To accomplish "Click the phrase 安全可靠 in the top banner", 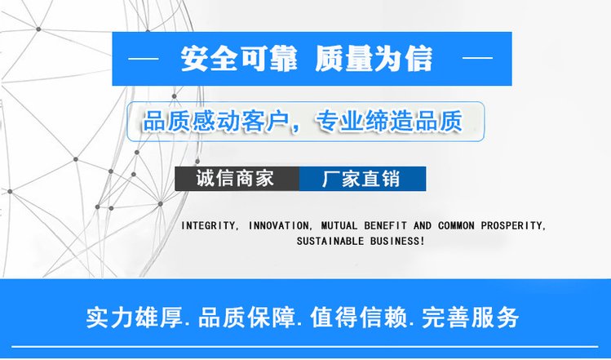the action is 239,59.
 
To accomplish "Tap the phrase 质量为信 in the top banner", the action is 374,59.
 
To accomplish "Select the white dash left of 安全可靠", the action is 144,59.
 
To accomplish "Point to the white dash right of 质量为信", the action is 477,58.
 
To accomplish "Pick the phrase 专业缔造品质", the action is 389,121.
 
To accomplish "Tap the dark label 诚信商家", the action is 237,179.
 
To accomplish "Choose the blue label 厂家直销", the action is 362,179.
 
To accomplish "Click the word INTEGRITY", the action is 209,226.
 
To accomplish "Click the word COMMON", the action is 456,226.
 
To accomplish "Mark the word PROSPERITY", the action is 513,226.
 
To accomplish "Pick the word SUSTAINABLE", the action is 330,241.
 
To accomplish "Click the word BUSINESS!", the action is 397,241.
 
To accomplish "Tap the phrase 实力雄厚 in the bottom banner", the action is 134,318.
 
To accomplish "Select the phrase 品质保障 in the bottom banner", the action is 246,318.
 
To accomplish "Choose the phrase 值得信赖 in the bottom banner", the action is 358,318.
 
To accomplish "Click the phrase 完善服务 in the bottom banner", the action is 471,318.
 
